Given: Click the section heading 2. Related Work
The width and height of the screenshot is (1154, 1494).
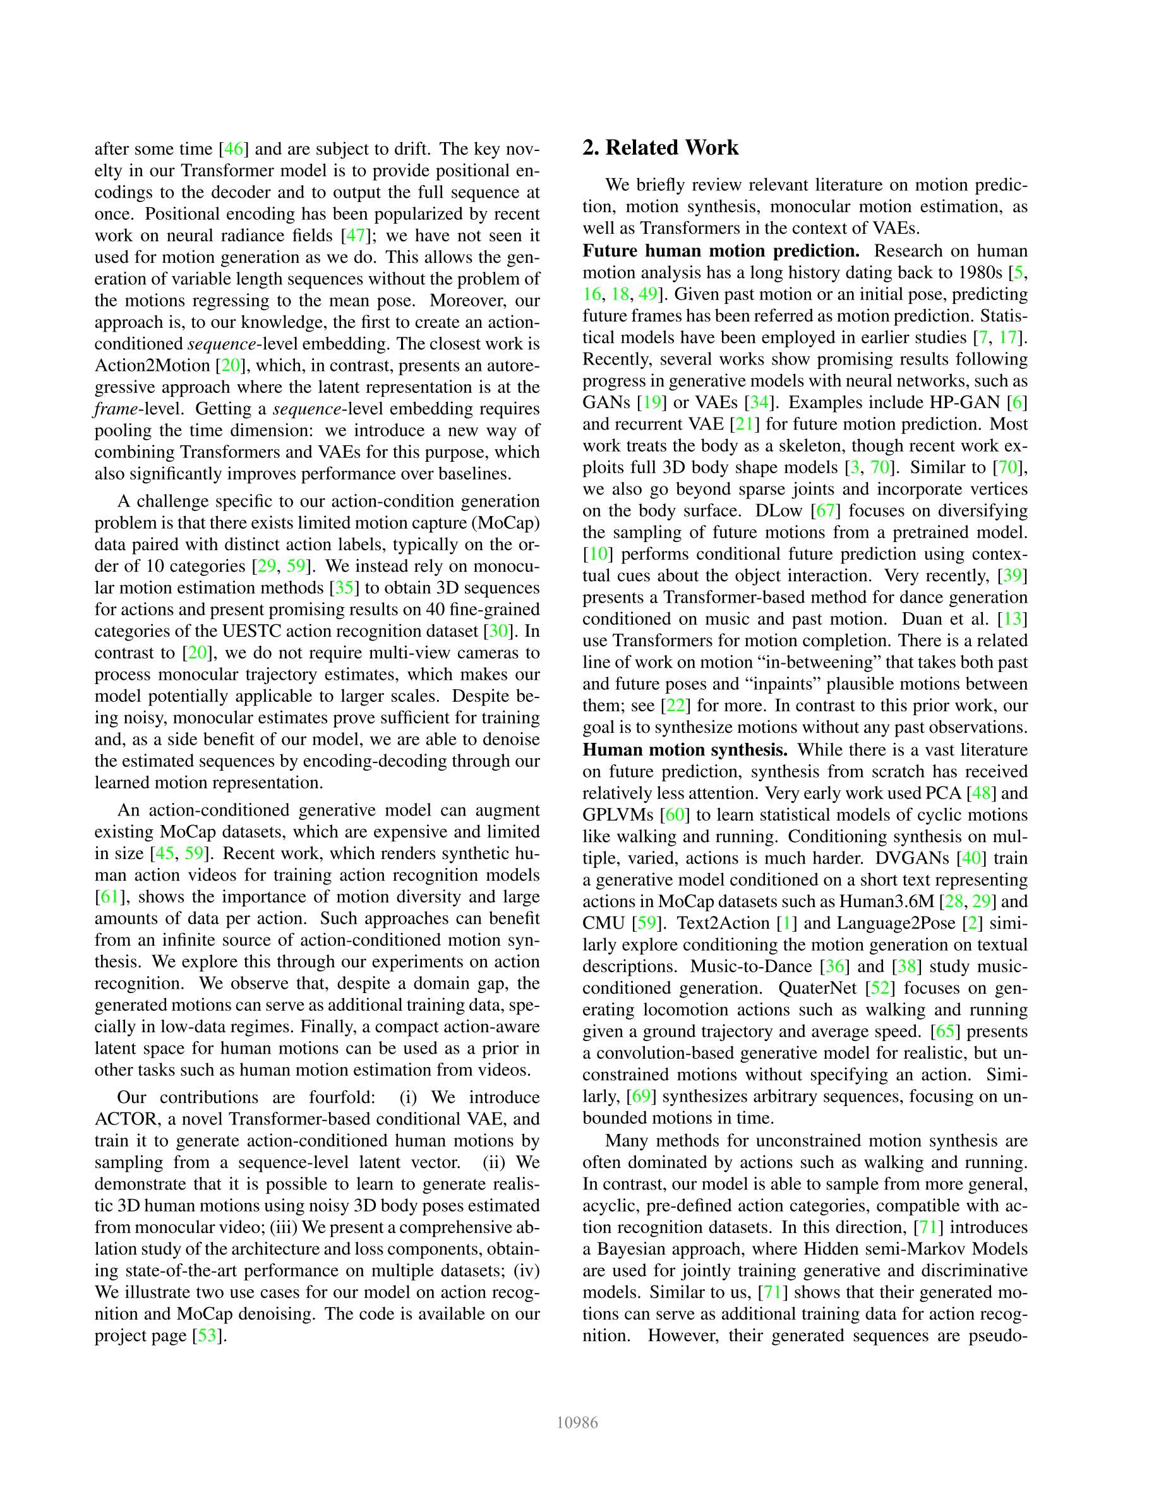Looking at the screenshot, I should [660, 148].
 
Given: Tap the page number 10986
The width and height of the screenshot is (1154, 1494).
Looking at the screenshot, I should [577, 1423].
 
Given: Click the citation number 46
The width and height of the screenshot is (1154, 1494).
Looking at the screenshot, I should [233, 148].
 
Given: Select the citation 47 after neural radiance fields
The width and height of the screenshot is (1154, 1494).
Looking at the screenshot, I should [355, 236].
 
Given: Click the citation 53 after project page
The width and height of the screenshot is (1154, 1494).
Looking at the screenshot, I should [207, 1335].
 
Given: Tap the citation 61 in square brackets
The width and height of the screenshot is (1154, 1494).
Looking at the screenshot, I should [109, 897].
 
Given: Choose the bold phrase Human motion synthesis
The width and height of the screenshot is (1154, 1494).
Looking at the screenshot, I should [685, 750].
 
